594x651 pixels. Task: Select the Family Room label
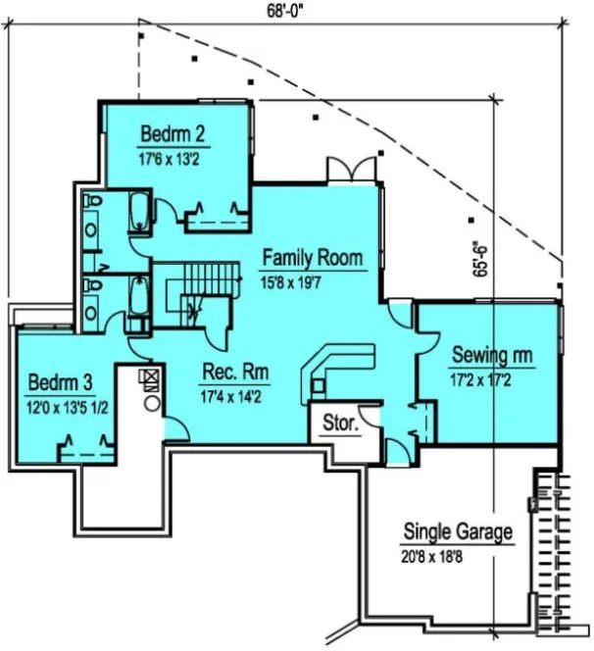coord(313,259)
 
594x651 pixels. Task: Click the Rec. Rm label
coord(235,374)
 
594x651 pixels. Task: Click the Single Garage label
coord(458,532)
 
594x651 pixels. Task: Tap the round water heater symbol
coord(152,402)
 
